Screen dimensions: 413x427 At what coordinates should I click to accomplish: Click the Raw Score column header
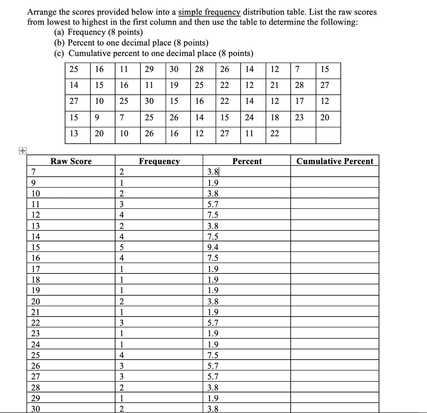(x=71, y=161)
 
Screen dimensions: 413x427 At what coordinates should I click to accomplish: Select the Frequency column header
(x=159, y=161)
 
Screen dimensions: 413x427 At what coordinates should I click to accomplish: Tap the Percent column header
(x=247, y=161)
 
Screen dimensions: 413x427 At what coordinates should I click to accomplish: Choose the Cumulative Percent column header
(x=335, y=161)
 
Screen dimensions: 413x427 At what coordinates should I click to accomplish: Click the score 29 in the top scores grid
(x=149, y=69)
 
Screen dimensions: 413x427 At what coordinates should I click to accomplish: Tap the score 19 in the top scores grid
(x=174, y=85)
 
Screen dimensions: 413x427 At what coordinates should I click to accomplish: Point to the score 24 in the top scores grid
(x=249, y=117)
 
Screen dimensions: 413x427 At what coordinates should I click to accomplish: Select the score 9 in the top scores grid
(x=97, y=117)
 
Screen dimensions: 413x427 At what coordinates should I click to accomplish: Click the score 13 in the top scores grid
(x=73, y=133)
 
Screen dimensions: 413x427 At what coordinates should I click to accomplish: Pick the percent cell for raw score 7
(x=212, y=172)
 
